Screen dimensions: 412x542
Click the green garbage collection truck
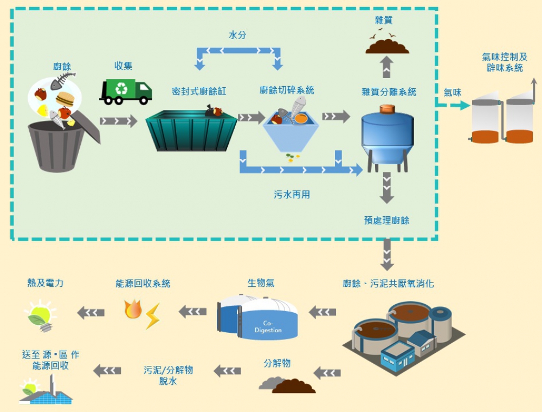pyautogui.click(x=125, y=92)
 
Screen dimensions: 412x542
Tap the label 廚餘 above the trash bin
pyautogui.click(x=62, y=67)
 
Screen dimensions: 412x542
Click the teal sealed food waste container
pyautogui.click(x=191, y=131)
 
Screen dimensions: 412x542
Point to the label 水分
pyautogui.click(x=237, y=35)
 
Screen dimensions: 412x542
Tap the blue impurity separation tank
pyautogui.click(x=387, y=136)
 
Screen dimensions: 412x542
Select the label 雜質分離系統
pyautogui.click(x=389, y=92)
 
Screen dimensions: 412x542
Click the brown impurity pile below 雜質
pyautogui.click(x=387, y=47)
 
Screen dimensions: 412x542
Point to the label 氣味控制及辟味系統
pyautogui.click(x=504, y=62)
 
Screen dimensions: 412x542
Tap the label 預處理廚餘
pyautogui.click(x=386, y=220)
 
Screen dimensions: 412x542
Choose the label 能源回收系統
pyautogui.click(x=143, y=284)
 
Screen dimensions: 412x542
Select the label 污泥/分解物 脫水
pyautogui.click(x=168, y=375)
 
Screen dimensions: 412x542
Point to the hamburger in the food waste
pyautogui.click(x=65, y=99)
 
